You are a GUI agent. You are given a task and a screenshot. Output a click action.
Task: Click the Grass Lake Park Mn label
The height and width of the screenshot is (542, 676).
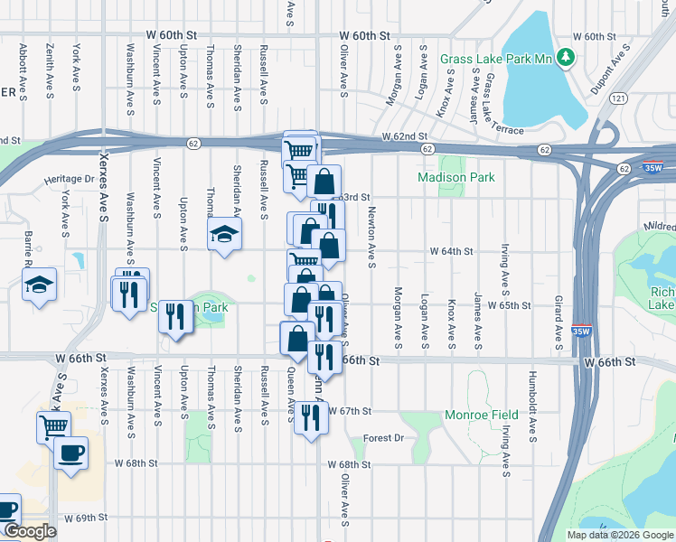[495, 59]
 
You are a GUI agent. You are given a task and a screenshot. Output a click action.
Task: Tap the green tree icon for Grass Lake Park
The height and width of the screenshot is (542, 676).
[567, 58]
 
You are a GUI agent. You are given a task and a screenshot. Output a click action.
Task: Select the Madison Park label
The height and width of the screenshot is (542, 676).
[456, 178]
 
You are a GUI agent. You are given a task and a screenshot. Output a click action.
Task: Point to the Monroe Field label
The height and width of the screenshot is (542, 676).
[481, 416]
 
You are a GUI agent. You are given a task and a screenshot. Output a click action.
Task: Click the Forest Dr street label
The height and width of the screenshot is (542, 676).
[383, 438]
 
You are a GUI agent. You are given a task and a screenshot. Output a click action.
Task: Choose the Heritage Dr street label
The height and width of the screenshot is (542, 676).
[70, 180]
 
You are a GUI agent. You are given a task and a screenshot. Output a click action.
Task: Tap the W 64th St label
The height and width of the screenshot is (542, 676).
[451, 250]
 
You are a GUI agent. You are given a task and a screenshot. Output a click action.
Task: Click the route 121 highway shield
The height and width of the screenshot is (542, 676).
[618, 98]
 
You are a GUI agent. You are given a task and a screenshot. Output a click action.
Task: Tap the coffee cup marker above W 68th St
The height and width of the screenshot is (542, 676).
[70, 452]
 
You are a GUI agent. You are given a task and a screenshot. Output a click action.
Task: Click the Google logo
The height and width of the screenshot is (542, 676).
[29, 531]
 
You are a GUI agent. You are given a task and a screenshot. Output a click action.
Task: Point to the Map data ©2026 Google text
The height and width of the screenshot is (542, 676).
[619, 535]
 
